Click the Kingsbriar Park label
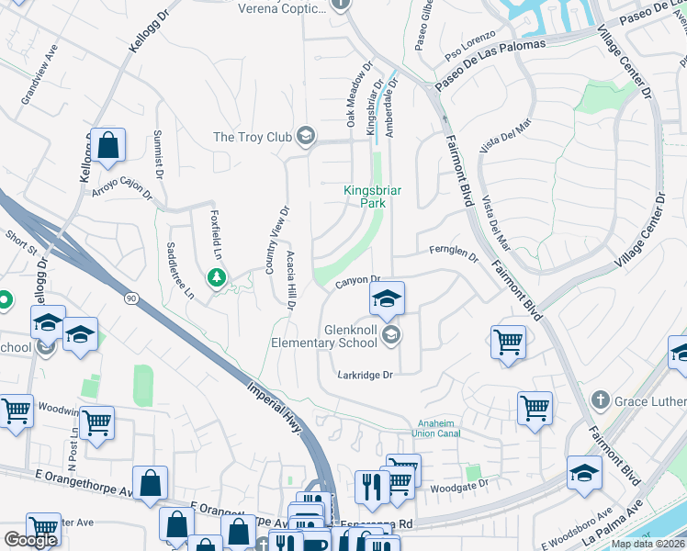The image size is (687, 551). coord(373,196)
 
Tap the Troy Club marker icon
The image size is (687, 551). coord(306,137)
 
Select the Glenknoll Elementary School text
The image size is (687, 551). coord(350,336)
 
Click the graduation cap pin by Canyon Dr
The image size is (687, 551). coord(387,298)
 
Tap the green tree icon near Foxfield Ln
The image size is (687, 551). coord(217,276)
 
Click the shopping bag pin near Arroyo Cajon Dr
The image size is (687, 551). coord(108,144)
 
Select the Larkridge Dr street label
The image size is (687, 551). coord(365,375)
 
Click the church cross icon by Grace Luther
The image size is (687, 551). coord(600,400)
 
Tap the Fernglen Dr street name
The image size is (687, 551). coord(454,253)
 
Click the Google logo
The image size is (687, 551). coord(30,540)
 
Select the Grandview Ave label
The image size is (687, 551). coord(39,73)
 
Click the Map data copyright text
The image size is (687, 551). coord(648,544)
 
